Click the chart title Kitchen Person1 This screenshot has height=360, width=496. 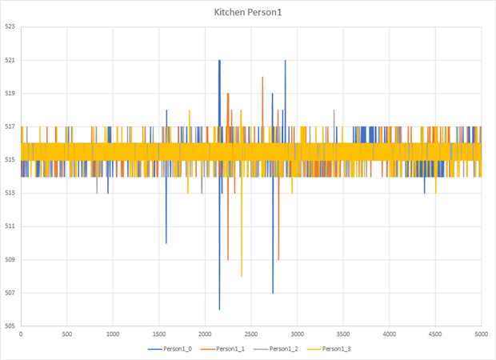pos(248,13)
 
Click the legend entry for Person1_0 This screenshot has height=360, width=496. pos(168,349)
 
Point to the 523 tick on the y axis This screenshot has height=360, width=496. pos(10,27)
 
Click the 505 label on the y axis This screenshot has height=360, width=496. pos(10,326)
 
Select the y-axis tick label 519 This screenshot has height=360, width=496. pos(10,94)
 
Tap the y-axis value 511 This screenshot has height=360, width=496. pos(10,226)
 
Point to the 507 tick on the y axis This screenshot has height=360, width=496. pos(10,293)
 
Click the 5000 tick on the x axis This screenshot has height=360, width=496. pos(482,334)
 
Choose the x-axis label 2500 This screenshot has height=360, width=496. pos(251,334)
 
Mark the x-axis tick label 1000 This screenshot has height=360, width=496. pos(113,334)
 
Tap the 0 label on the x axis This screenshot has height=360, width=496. pos(21,334)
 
